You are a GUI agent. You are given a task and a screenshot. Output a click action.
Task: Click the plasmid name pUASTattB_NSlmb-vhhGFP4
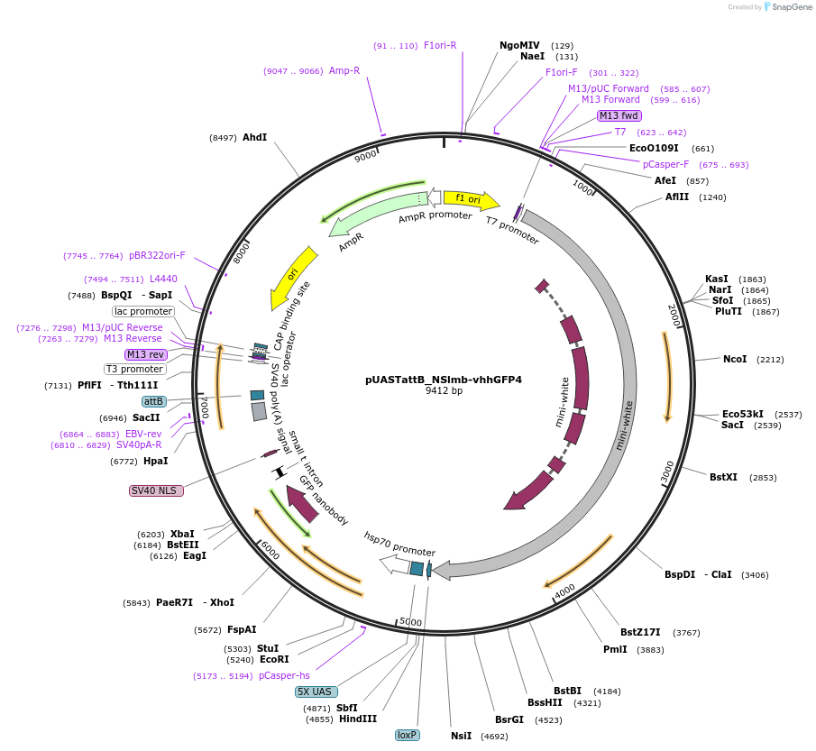[x=444, y=380]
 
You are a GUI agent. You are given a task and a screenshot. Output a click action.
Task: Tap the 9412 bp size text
[x=444, y=391]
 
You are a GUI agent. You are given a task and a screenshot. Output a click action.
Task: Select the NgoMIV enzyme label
[x=519, y=45]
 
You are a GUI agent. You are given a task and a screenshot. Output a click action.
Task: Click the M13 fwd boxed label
[x=619, y=115]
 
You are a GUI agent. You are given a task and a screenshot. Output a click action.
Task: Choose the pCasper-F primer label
[x=665, y=165]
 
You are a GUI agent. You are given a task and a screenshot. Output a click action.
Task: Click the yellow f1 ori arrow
[x=470, y=199]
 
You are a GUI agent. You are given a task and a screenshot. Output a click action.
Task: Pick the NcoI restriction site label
[x=735, y=359]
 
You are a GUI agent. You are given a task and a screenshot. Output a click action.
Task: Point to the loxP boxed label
[x=408, y=735]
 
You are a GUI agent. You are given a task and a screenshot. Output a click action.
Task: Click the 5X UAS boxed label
[x=316, y=691]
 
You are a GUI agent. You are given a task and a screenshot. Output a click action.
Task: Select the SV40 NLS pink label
[x=156, y=490]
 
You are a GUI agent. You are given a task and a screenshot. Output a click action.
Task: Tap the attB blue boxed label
[x=154, y=401]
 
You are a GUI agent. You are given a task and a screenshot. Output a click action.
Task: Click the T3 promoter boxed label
[x=135, y=369]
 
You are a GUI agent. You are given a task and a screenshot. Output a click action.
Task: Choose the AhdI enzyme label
[x=254, y=137]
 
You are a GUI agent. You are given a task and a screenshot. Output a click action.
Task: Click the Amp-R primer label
[x=344, y=70]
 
